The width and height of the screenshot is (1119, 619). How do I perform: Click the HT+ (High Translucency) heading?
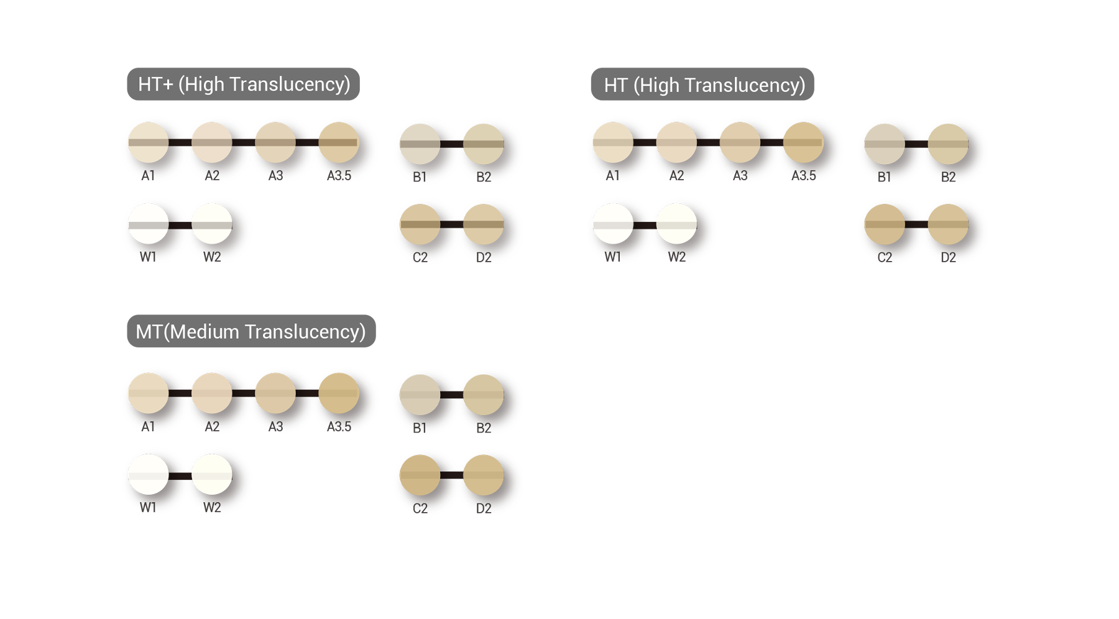click(x=244, y=84)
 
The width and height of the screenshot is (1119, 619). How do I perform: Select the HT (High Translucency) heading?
click(x=704, y=85)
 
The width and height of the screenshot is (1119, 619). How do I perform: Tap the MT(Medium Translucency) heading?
click(x=251, y=332)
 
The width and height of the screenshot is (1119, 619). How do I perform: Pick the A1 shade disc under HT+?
click(x=149, y=142)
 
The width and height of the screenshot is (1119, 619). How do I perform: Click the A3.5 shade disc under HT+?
click(x=339, y=142)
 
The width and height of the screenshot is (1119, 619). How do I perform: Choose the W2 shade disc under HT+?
click(x=212, y=223)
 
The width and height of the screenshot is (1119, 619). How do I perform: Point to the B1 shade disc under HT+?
click(x=420, y=144)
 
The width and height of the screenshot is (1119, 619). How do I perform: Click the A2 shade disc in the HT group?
click(x=676, y=142)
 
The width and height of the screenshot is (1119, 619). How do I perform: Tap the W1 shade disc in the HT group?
click(x=613, y=223)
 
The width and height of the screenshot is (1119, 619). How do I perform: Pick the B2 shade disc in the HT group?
click(x=948, y=144)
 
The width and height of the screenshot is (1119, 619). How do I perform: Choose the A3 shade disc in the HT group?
click(x=740, y=142)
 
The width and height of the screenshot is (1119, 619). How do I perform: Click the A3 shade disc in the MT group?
click(x=275, y=393)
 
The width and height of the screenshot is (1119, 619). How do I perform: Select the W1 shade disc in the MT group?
click(x=149, y=474)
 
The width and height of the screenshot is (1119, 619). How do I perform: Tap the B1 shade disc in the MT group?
click(x=420, y=395)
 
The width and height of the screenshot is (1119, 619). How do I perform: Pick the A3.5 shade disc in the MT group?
click(x=339, y=393)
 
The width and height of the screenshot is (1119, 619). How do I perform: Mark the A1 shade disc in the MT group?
click(x=149, y=393)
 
